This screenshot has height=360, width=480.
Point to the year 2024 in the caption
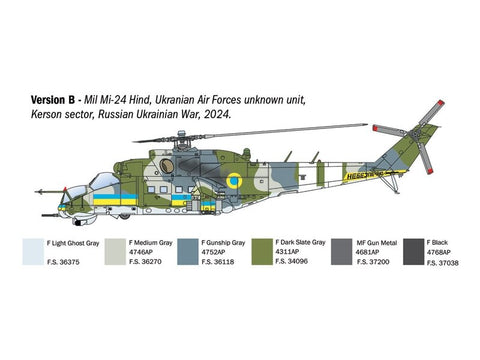pos(218,115)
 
